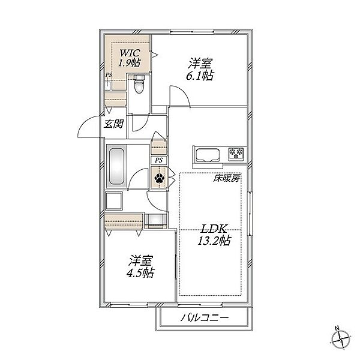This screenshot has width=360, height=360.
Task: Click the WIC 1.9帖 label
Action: (x=130, y=58)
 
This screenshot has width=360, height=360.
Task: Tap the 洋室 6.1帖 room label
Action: (x=200, y=70)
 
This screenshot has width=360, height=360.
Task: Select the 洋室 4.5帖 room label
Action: (x=140, y=266)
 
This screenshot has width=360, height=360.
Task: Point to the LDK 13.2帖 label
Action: (x=214, y=235)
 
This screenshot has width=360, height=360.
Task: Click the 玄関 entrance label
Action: (x=113, y=124)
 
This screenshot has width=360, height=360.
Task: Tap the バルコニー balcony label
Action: (x=205, y=318)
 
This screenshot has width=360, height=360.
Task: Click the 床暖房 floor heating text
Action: (x=227, y=178)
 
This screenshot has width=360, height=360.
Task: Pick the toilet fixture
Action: (x=139, y=84)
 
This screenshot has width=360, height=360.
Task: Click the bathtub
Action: (x=117, y=166)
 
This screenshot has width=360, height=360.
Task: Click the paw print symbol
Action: (x=159, y=178)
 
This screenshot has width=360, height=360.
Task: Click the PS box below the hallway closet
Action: (x=159, y=160)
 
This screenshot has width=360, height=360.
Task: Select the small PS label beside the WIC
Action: (x=109, y=75)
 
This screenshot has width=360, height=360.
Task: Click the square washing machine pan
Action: (x=114, y=201)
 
